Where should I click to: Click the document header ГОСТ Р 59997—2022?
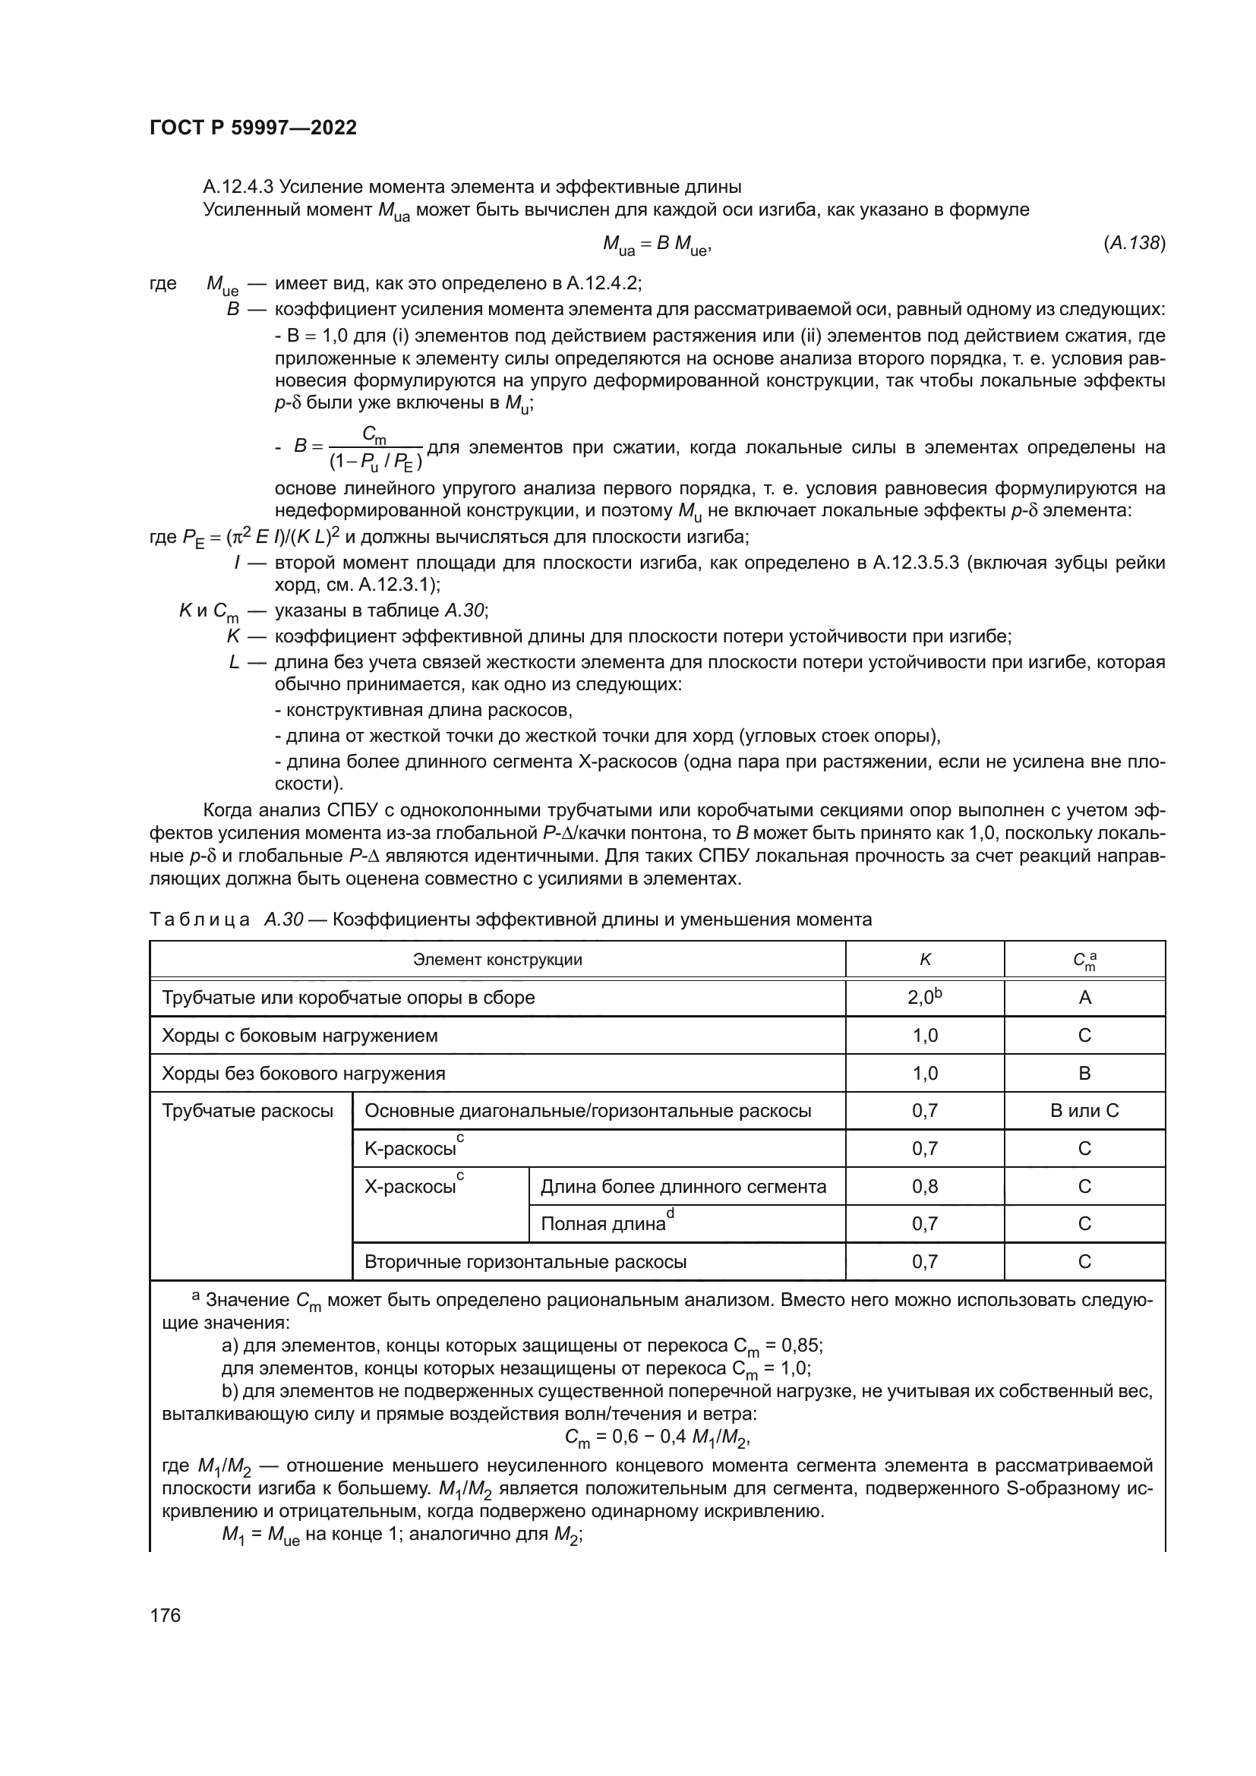pyautogui.click(x=253, y=128)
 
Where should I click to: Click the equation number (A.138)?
pyautogui.click(x=1134, y=243)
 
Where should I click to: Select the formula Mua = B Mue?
pyautogui.click(x=657, y=245)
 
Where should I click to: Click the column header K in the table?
pyautogui.click(x=925, y=960)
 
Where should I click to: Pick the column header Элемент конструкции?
pyautogui.click(x=497, y=960)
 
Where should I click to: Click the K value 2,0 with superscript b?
pyautogui.click(x=924, y=997)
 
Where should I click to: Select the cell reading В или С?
pyautogui.click(x=1084, y=1111)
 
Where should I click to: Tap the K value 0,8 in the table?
pyautogui.click(x=924, y=1187)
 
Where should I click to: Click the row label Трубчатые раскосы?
pyautogui.click(x=248, y=1111)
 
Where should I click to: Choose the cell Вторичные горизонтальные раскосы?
pyautogui.click(x=525, y=1262)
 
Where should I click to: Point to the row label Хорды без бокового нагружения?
pyautogui.click(x=303, y=1073)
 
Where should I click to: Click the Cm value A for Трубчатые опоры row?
pyautogui.click(x=1084, y=997)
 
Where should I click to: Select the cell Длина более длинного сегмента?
pyautogui.click(x=683, y=1187)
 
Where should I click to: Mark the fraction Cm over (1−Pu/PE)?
pyautogui.click(x=375, y=450)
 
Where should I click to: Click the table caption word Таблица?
pyautogui.click(x=200, y=919)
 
